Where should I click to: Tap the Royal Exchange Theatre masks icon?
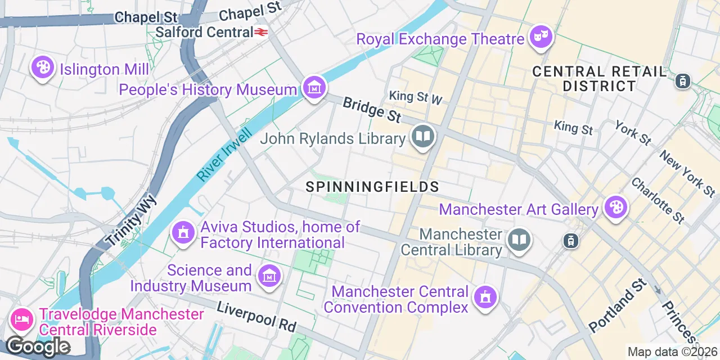[x=541, y=37]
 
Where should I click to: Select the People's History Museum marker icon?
[x=314, y=88]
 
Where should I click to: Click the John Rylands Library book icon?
[x=422, y=137]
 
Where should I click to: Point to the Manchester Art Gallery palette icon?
[x=615, y=208]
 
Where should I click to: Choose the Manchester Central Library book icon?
[x=519, y=240]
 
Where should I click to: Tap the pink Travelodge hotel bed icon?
[x=22, y=319]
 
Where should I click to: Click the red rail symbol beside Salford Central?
[x=260, y=33]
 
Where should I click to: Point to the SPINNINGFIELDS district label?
[x=372, y=187]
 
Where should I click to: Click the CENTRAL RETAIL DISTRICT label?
[x=599, y=79]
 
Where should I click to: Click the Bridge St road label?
[x=372, y=110]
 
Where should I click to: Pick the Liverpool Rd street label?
[x=256, y=317]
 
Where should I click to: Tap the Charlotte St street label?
[x=658, y=200]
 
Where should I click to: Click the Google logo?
[x=38, y=346]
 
